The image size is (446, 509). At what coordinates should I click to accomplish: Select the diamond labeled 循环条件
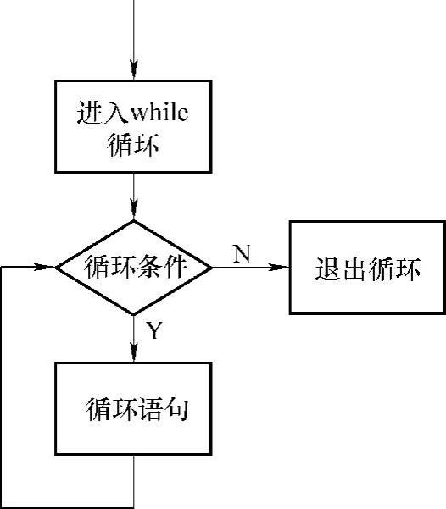click(134, 267)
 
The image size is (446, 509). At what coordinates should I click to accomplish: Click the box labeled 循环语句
click(134, 410)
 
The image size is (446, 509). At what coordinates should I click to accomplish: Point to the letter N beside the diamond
click(242, 253)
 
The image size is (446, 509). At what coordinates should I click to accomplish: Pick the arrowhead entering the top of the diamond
click(134, 209)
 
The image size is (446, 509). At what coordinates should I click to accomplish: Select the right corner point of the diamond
click(212, 268)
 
